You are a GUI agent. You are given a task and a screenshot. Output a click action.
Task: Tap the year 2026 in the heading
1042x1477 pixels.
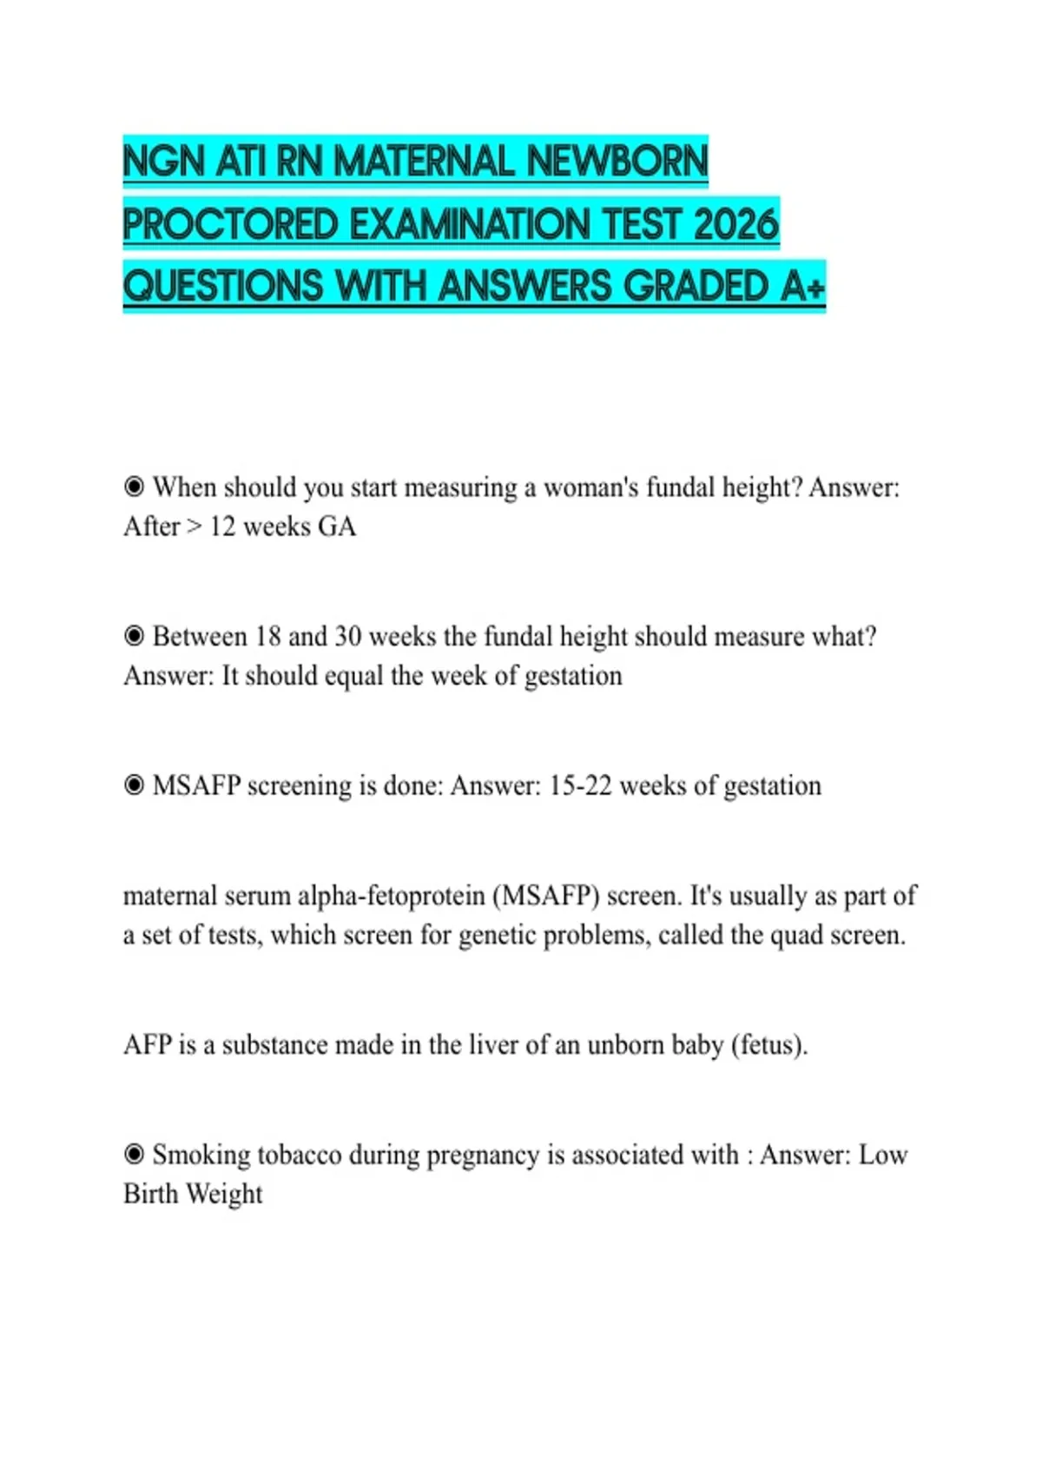736,224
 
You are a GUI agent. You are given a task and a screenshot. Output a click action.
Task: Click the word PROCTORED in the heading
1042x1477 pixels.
230,224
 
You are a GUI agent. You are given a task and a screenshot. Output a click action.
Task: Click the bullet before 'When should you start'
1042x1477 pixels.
134,487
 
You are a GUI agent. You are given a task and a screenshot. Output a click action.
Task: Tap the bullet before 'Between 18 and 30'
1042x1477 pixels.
134,636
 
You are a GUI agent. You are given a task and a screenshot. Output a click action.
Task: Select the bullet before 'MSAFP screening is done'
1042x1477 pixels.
134,785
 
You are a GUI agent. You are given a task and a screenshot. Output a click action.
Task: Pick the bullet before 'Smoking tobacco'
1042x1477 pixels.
134,1155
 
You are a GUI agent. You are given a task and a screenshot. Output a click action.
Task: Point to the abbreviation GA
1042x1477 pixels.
337,527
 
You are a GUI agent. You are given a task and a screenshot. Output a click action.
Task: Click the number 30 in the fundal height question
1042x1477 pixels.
347,636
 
